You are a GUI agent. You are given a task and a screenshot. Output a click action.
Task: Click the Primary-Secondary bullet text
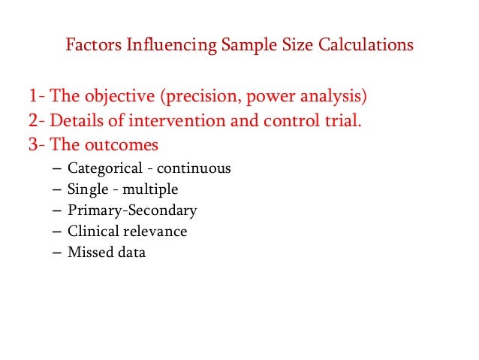(x=132, y=210)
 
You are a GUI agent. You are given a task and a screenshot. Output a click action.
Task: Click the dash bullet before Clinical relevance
(x=59, y=231)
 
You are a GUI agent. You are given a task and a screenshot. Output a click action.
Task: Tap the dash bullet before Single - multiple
(x=59, y=189)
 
